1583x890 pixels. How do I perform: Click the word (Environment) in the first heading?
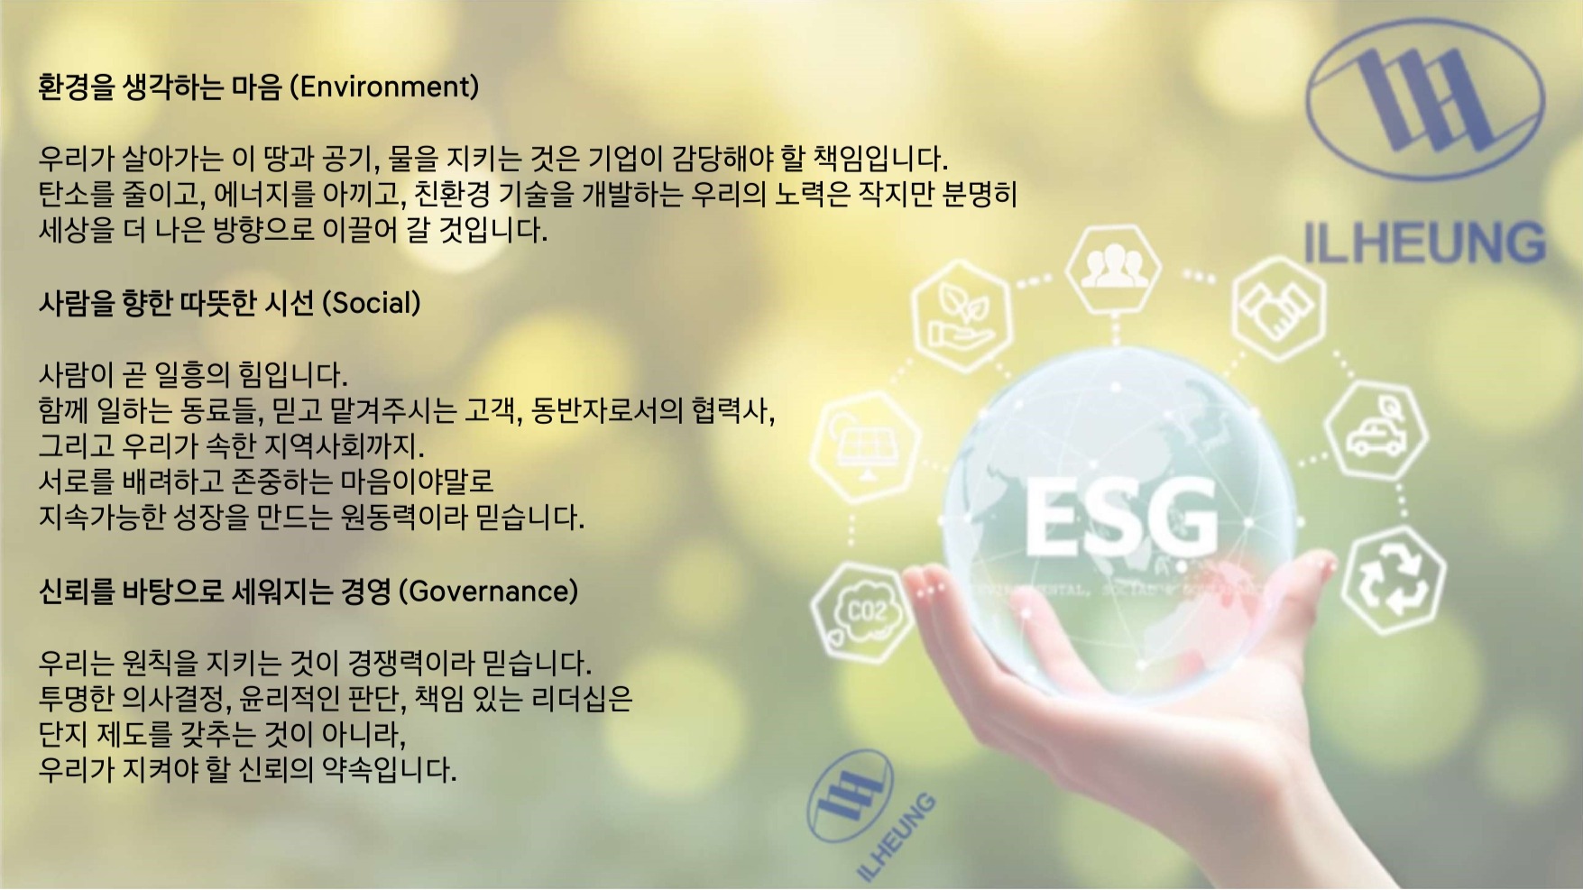click(x=384, y=87)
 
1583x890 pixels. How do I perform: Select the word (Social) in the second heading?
click(x=372, y=303)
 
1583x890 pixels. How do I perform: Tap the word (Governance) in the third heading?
click(x=488, y=592)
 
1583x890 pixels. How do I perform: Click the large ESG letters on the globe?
click(x=1120, y=519)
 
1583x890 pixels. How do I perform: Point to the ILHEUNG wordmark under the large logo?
click(x=1425, y=242)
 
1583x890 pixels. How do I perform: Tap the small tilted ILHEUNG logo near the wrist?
click(x=869, y=814)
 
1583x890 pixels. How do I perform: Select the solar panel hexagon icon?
click(x=865, y=447)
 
